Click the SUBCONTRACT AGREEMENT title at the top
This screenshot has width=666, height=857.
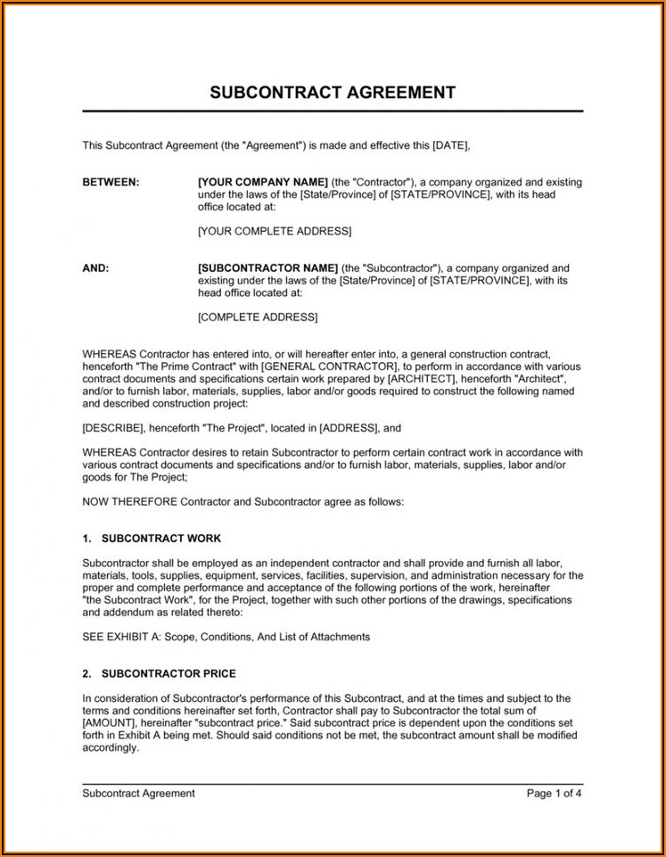click(x=333, y=93)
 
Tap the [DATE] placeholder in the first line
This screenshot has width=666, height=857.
click(x=450, y=145)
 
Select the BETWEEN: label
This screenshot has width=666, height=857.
click(x=111, y=182)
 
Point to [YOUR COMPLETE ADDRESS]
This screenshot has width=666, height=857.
click(x=274, y=231)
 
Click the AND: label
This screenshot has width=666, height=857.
click(x=95, y=268)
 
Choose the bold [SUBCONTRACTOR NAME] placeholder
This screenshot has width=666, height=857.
click(x=267, y=268)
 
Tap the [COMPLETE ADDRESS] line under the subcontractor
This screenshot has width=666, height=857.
click(x=257, y=317)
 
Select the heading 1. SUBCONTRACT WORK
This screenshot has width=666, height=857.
click(x=152, y=539)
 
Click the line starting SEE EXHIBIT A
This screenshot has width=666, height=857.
click(x=226, y=637)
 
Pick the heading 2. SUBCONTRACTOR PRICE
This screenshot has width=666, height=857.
click(x=159, y=673)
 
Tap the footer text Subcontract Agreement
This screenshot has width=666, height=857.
click(x=138, y=793)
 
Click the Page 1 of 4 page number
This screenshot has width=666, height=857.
click(x=554, y=793)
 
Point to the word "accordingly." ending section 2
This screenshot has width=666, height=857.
click(x=111, y=747)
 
